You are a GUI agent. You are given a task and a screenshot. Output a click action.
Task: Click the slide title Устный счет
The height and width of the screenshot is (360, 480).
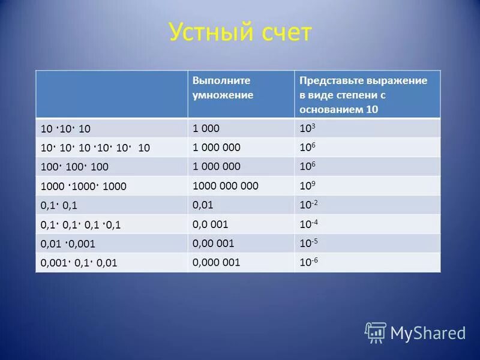tap(240, 33)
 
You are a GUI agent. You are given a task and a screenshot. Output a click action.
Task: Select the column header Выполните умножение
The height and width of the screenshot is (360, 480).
tap(223, 88)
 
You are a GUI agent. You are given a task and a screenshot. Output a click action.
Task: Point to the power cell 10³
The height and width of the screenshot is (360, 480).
tap(307, 128)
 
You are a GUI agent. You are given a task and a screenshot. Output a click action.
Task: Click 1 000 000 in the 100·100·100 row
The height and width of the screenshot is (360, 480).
tap(217, 166)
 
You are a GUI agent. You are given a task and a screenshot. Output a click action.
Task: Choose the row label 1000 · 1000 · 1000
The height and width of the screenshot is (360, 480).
tap(83, 187)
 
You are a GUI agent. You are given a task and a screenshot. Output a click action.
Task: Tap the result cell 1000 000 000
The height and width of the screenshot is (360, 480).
tap(226, 185)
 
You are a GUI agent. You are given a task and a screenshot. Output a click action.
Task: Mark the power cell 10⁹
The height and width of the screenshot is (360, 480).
tap(307, 186)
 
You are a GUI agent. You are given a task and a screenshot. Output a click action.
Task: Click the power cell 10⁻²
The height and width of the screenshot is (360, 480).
tap(308, 205)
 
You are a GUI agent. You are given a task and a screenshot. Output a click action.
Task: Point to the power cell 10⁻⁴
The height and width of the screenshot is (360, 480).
tap(308, 224)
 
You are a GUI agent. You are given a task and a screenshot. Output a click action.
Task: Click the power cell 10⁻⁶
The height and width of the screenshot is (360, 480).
tap(308, 263)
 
